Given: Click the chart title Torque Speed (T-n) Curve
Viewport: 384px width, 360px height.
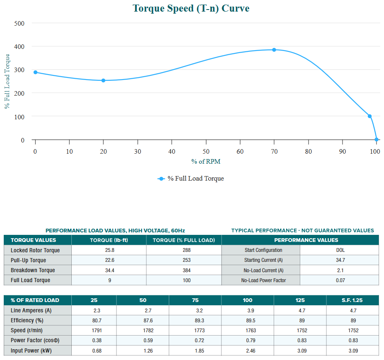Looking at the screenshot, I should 191,8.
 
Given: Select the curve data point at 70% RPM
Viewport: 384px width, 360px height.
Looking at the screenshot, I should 274,50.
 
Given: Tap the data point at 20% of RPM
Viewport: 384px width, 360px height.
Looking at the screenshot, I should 103,80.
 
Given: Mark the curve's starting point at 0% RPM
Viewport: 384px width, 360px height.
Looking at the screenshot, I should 35,72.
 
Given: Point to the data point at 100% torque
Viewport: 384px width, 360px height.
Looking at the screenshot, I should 369,116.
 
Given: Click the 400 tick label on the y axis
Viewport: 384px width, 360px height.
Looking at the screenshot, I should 20,46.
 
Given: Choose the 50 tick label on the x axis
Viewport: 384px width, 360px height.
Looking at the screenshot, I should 206,152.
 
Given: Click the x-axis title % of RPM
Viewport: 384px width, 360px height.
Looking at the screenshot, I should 206,162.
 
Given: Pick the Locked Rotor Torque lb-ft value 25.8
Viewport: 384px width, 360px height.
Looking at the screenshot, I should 109,250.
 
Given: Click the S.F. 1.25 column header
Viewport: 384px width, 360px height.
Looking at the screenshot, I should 352,300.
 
